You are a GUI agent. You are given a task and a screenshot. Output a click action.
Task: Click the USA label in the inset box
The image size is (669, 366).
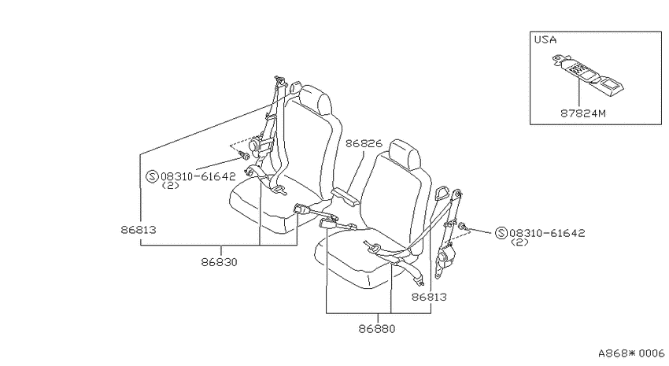pos(545,39)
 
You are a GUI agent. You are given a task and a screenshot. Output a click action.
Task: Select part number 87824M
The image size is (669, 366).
pos(582,113)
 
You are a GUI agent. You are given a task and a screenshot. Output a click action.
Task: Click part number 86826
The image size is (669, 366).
pos(364,143)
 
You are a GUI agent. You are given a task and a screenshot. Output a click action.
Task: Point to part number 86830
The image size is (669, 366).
pos(219,262)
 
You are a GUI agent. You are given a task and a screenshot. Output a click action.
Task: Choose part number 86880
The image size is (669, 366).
pos(377,329)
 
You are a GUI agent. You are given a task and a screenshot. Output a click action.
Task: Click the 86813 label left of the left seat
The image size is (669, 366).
pos(139,230)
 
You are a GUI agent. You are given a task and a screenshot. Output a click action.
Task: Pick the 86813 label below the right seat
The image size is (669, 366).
pos(429,297)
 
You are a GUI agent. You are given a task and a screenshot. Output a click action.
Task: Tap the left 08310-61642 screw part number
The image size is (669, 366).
pos(198,176)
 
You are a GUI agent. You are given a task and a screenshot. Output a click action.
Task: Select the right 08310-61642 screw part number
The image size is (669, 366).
pos(548,233)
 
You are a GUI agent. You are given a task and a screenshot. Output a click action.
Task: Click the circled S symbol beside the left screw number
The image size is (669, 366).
pos(153,176)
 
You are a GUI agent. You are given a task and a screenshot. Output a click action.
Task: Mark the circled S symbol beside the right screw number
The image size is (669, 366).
pos(501,233)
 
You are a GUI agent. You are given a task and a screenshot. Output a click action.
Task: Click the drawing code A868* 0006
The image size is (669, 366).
pos(631,353)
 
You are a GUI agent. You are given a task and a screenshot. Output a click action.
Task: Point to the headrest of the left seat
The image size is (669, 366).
pos(316,101)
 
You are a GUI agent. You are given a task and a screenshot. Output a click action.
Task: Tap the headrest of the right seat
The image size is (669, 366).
pos(405,155)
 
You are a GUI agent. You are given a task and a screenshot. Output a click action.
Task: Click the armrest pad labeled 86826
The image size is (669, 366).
pos(346,198)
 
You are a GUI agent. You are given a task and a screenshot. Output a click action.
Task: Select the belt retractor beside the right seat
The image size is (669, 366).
pos(445,261)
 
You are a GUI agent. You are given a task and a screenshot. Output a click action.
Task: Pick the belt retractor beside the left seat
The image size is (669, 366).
pos(259,146)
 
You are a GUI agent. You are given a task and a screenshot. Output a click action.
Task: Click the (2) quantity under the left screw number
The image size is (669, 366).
pos(170,186)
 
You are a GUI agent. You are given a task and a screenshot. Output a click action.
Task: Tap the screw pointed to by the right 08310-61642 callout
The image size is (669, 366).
pos(463,226)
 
